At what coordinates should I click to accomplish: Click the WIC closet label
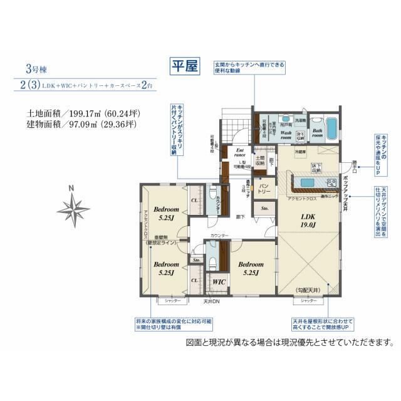pyautogui.click(x=219, y=283)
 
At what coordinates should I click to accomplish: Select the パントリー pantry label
pyautogui.click(x=265, y=188)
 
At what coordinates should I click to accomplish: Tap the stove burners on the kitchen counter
pyautogui.click(x=330, y=183)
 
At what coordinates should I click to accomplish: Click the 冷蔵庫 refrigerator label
pyautogui.click(x=302, y=152)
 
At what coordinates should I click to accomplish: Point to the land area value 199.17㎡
pyautogui.click(x=93, y=113)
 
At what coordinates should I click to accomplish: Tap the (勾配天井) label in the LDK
pyautogui.click(x=307, y=289)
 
